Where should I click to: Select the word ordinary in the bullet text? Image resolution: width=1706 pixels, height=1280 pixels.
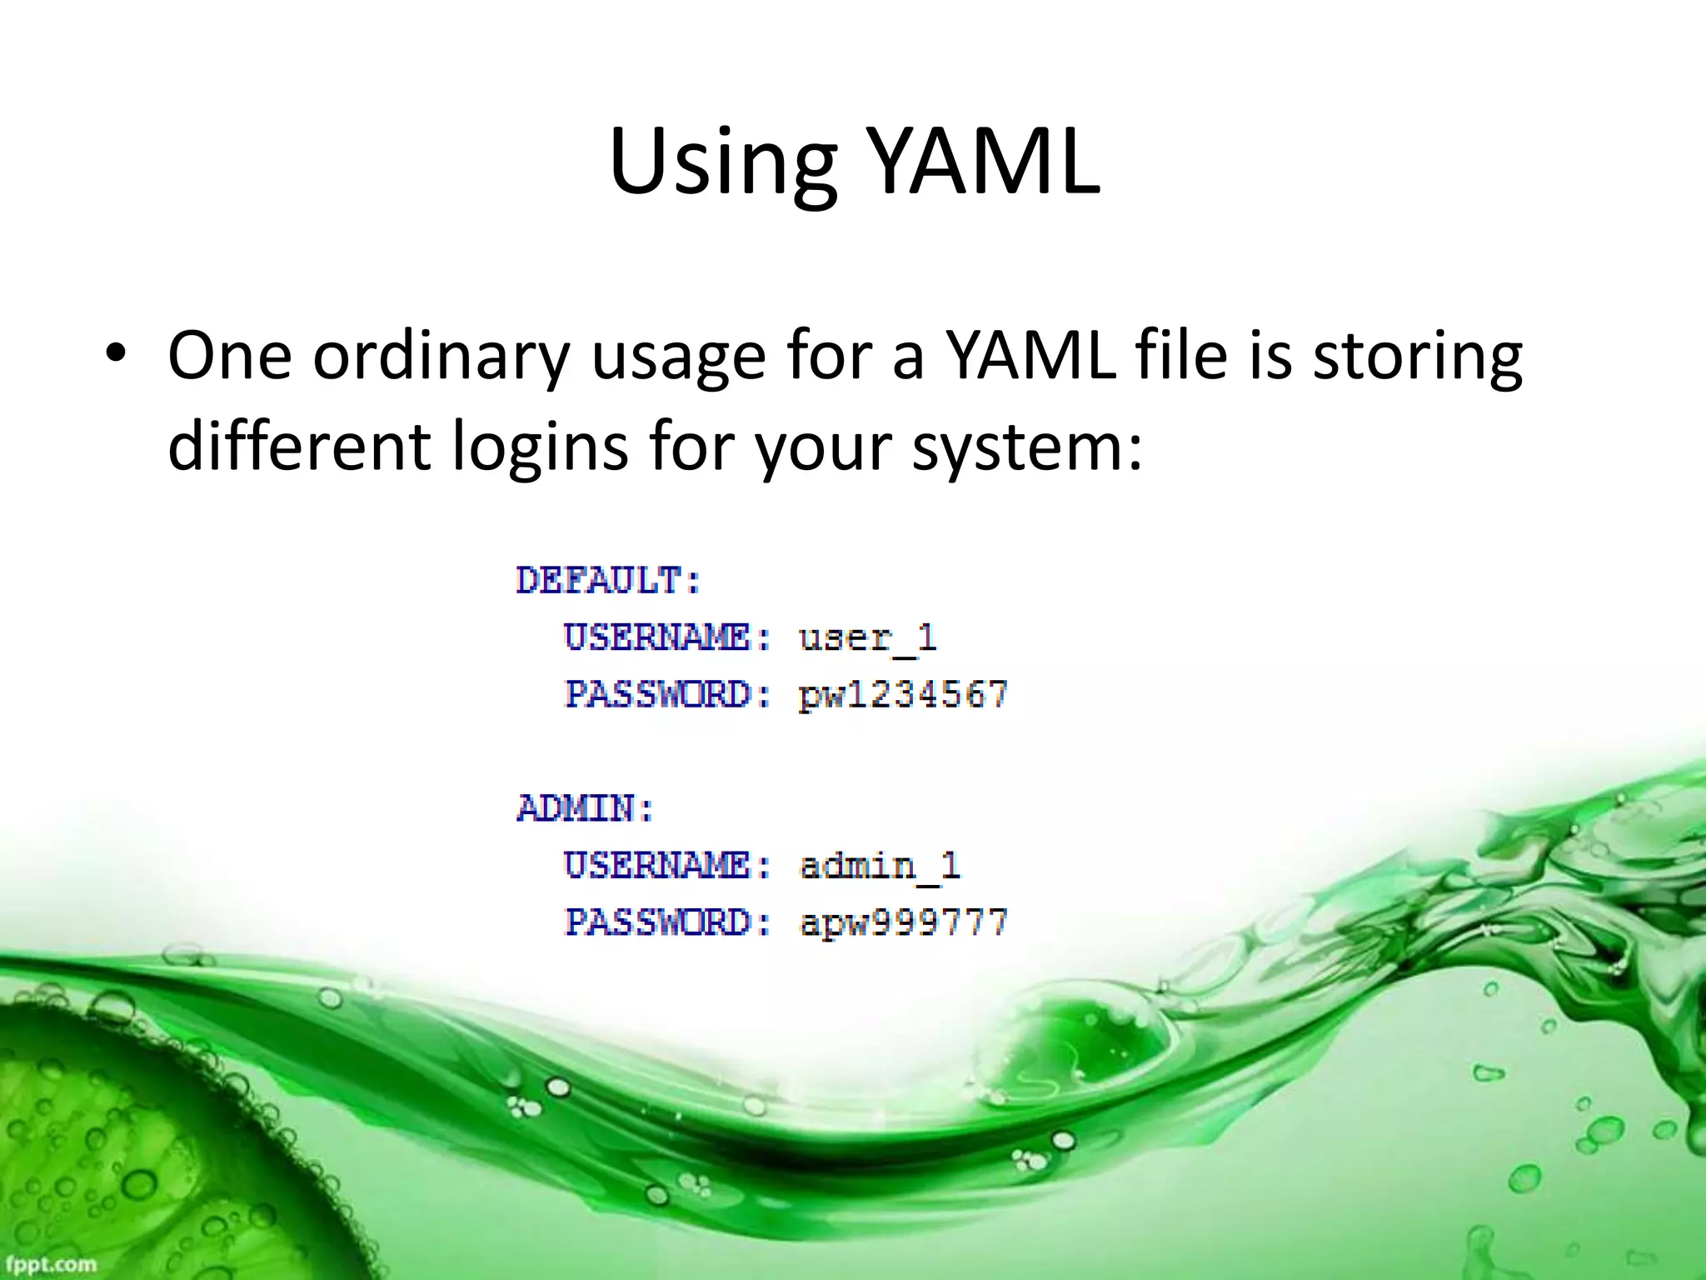tap(441, 357)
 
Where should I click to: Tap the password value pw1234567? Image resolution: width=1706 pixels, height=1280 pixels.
tap(903, 695)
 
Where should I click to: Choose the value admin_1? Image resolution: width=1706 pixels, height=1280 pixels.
tap(880, 866)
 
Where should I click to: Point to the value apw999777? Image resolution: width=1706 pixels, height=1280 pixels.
tap(903, 922)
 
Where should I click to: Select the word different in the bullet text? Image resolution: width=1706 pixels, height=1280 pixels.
tap(298, 447)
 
